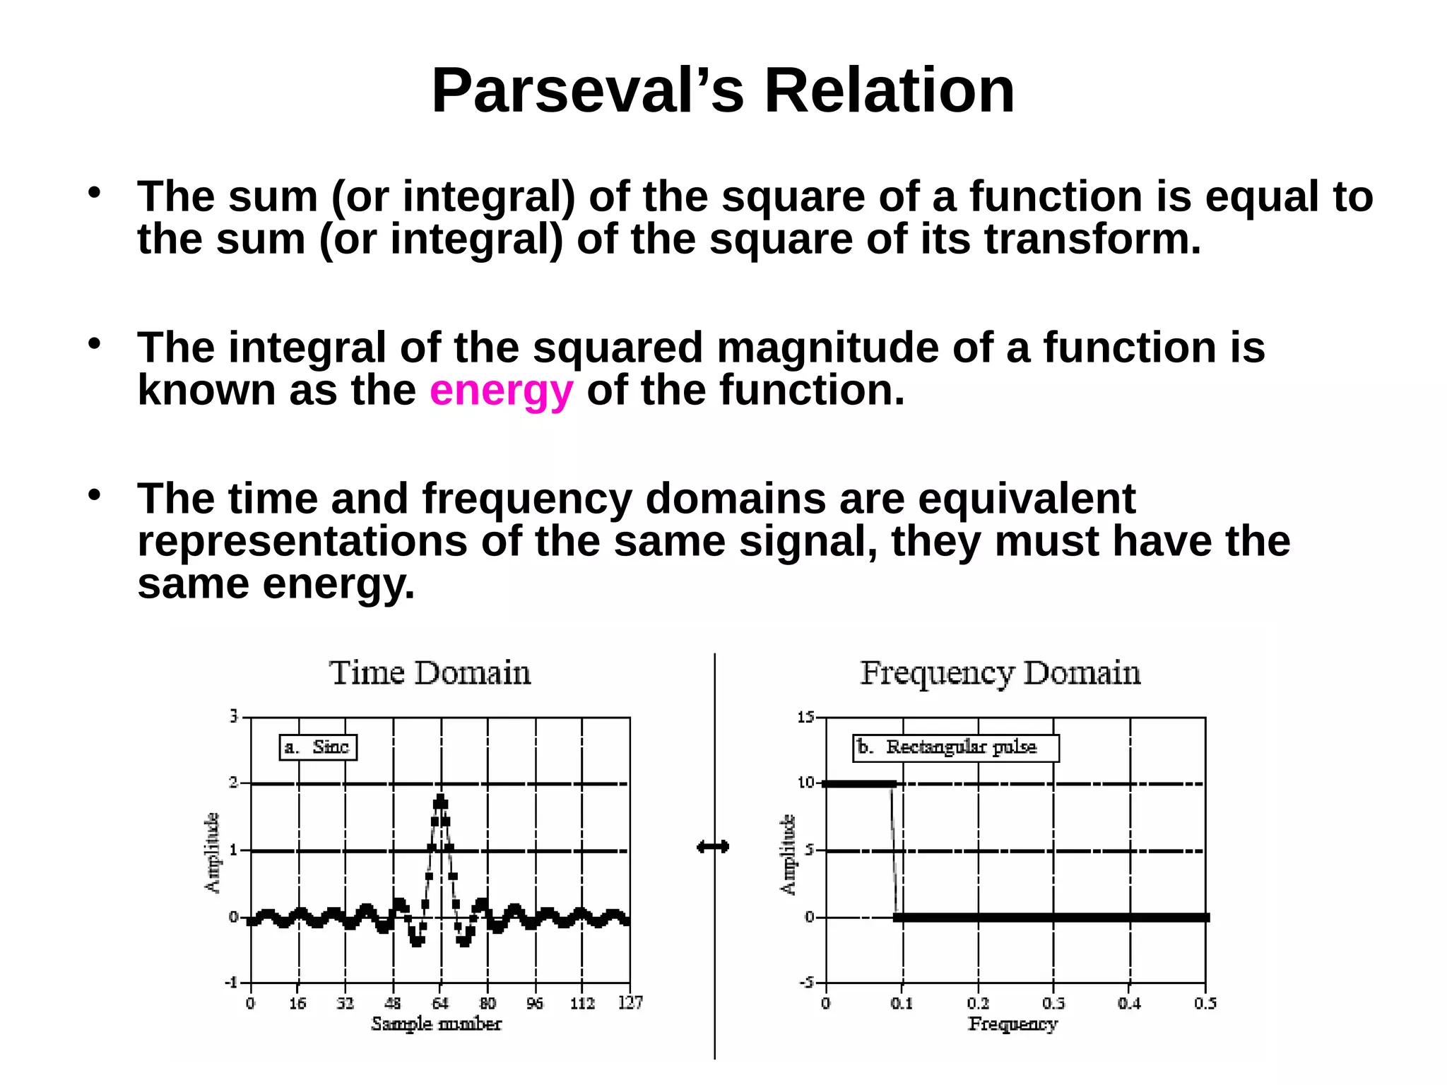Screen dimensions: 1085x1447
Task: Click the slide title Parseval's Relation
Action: [723, 90]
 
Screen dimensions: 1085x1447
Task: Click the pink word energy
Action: [501, 391]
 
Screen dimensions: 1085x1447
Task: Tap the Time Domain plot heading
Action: [430, 673]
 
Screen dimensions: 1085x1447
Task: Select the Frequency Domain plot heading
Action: [1000, 673]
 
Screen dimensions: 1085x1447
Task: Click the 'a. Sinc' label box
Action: [318, 747]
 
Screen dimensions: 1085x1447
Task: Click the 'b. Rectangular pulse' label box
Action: [956, 747]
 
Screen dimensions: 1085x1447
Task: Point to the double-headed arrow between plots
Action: [713, 847]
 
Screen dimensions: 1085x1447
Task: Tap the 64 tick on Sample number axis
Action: [440, 1003]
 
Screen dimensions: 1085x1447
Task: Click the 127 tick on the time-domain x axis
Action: [630, 1003]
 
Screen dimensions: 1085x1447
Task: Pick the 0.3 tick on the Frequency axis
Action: [1053, 1003]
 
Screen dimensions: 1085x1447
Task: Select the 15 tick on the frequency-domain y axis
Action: [805, 718]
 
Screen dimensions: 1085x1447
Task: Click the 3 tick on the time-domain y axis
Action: [234, 717]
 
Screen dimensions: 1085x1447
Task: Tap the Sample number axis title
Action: [436, 1024]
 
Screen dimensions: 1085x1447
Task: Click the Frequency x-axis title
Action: [1012, 1024]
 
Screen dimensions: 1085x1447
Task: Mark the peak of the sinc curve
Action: [441, 800]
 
